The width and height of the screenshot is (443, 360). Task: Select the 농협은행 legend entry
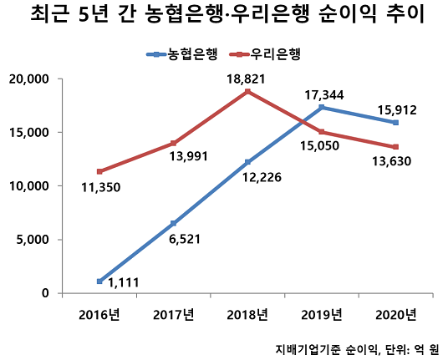(182, 55)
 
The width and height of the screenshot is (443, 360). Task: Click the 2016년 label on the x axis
(99, 314)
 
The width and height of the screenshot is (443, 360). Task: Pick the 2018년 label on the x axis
(247, 314)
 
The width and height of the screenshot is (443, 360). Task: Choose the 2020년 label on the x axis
(395, 314)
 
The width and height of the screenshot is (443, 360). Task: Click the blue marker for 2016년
(99, 281)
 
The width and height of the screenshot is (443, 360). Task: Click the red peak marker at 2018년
(247, 91)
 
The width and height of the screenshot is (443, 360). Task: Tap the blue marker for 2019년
(322, 107)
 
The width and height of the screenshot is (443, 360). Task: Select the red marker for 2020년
(395, 147)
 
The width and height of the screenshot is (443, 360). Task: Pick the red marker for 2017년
(174, 143)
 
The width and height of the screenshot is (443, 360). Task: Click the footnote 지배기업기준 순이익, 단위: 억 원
(356, 348)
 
